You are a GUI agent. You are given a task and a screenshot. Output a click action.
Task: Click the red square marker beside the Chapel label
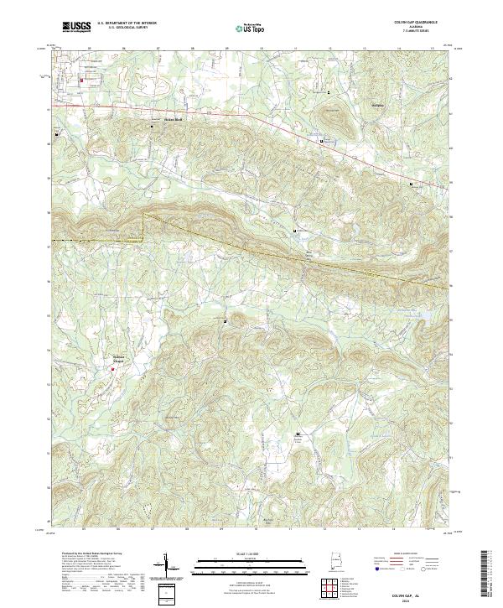tap(112, 364)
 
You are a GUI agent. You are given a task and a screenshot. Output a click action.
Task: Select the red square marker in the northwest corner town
tap(81, 81)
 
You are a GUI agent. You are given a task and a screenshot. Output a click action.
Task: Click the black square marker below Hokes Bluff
tap(152, 127)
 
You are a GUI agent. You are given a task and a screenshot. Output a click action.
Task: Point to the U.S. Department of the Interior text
tap(127, 23)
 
